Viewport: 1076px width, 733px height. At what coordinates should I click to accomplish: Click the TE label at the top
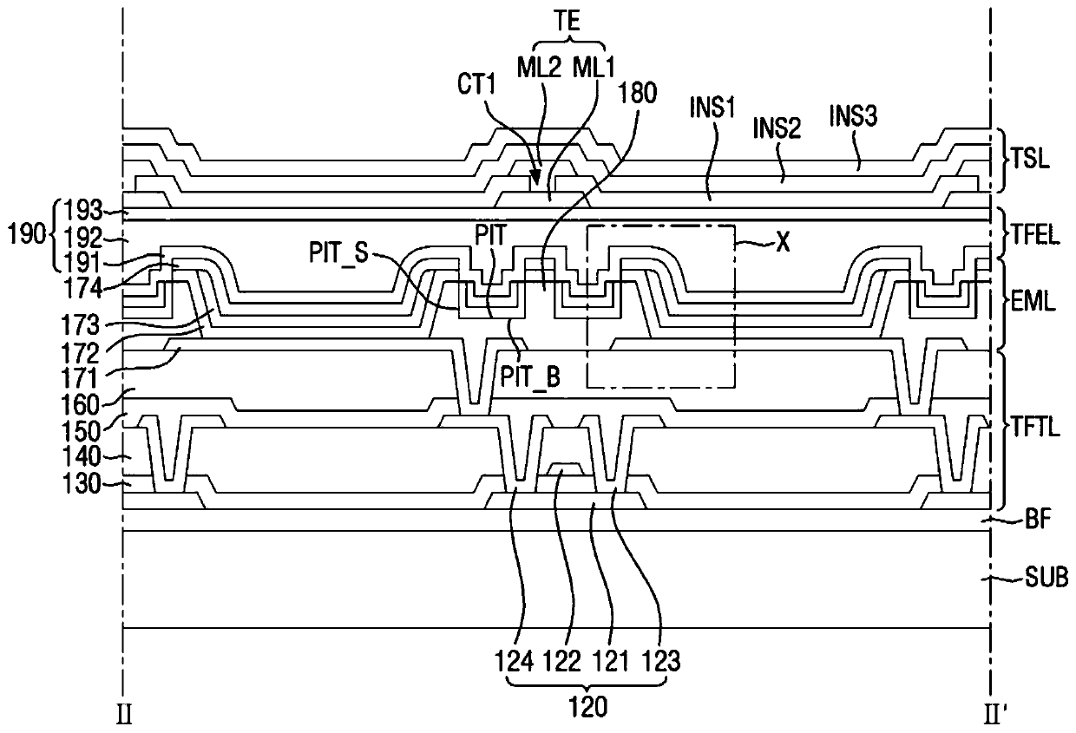[x=568, y=22]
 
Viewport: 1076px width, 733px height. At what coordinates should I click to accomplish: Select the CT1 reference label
[x=477, y=85]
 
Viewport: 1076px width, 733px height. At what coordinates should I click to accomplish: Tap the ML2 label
[x=539, y=68]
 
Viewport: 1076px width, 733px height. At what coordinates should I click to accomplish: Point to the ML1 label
[x=594, y=68]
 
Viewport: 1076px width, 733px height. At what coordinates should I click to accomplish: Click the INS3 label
[x=854, y=115]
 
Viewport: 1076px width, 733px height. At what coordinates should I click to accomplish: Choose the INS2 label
[x=777, y=128]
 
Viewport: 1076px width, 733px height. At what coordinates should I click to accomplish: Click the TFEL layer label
[x=1035, y=236]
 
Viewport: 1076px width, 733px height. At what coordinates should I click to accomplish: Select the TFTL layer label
[x=1035, y=427]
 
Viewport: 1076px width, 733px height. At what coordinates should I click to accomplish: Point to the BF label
[x=1038, y=520]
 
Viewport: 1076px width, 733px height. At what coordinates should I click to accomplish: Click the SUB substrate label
[x=1046, y=578]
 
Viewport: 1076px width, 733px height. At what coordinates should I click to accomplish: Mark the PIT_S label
[x=338, y=253]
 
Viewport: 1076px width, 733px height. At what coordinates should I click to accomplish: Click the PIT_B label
[x=530, y=377]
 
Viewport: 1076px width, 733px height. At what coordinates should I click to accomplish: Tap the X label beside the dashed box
[x=784, y=243]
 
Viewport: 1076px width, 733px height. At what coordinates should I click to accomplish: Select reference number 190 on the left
[x=27, y=235]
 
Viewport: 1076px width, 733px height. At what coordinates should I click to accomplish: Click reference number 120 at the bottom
[x=588, y=707]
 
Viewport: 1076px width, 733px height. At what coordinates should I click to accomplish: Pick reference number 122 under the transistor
[x=561, y=662]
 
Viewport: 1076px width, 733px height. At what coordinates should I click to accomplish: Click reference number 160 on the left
[x=80, y=405]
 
